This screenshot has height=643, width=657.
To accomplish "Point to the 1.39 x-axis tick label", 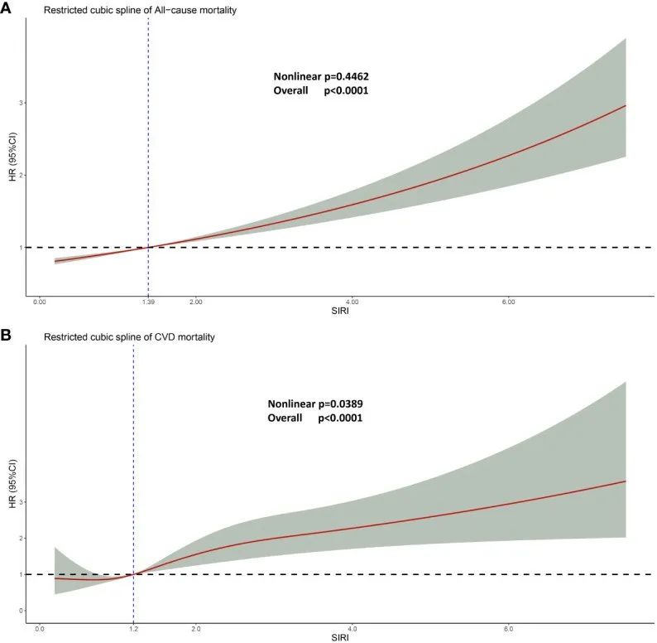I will click(147, 302).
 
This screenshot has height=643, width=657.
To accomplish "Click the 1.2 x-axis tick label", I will click(133, 629).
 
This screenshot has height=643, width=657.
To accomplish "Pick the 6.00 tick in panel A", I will click(508, 302).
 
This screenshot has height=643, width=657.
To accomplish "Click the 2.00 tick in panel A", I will click(196, 302).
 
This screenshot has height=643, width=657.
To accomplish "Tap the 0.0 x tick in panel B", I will click(40, 629).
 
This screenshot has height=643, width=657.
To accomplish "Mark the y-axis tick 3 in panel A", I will click(22, 103).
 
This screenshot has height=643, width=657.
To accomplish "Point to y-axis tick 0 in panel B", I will click(22, 611).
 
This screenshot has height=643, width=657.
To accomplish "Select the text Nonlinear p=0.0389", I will click(315, 404).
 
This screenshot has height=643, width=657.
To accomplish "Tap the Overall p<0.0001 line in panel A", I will click(320, 90).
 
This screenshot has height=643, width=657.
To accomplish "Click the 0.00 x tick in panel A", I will click(40, 302).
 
